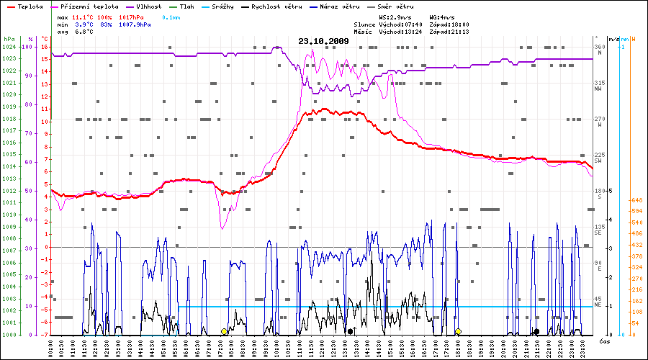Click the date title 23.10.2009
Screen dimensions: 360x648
pyautogui.click(x=323, y=41)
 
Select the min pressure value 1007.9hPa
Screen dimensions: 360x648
pyautogui.click(x=135, y=24)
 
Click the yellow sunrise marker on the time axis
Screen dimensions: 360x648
pyautogui.click(x=224, y=331)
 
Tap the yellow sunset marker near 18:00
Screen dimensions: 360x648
pyautogui.click(x=458, y=331)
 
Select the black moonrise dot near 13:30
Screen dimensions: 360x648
pyautogui.click(x=350, y=331)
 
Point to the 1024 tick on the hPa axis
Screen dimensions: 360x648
pyautogui.click(x=9, y=47)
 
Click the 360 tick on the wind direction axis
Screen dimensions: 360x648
pyautogui.click(x=599, y=47)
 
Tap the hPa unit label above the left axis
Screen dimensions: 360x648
pyautogui.click(x=9, y=38)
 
